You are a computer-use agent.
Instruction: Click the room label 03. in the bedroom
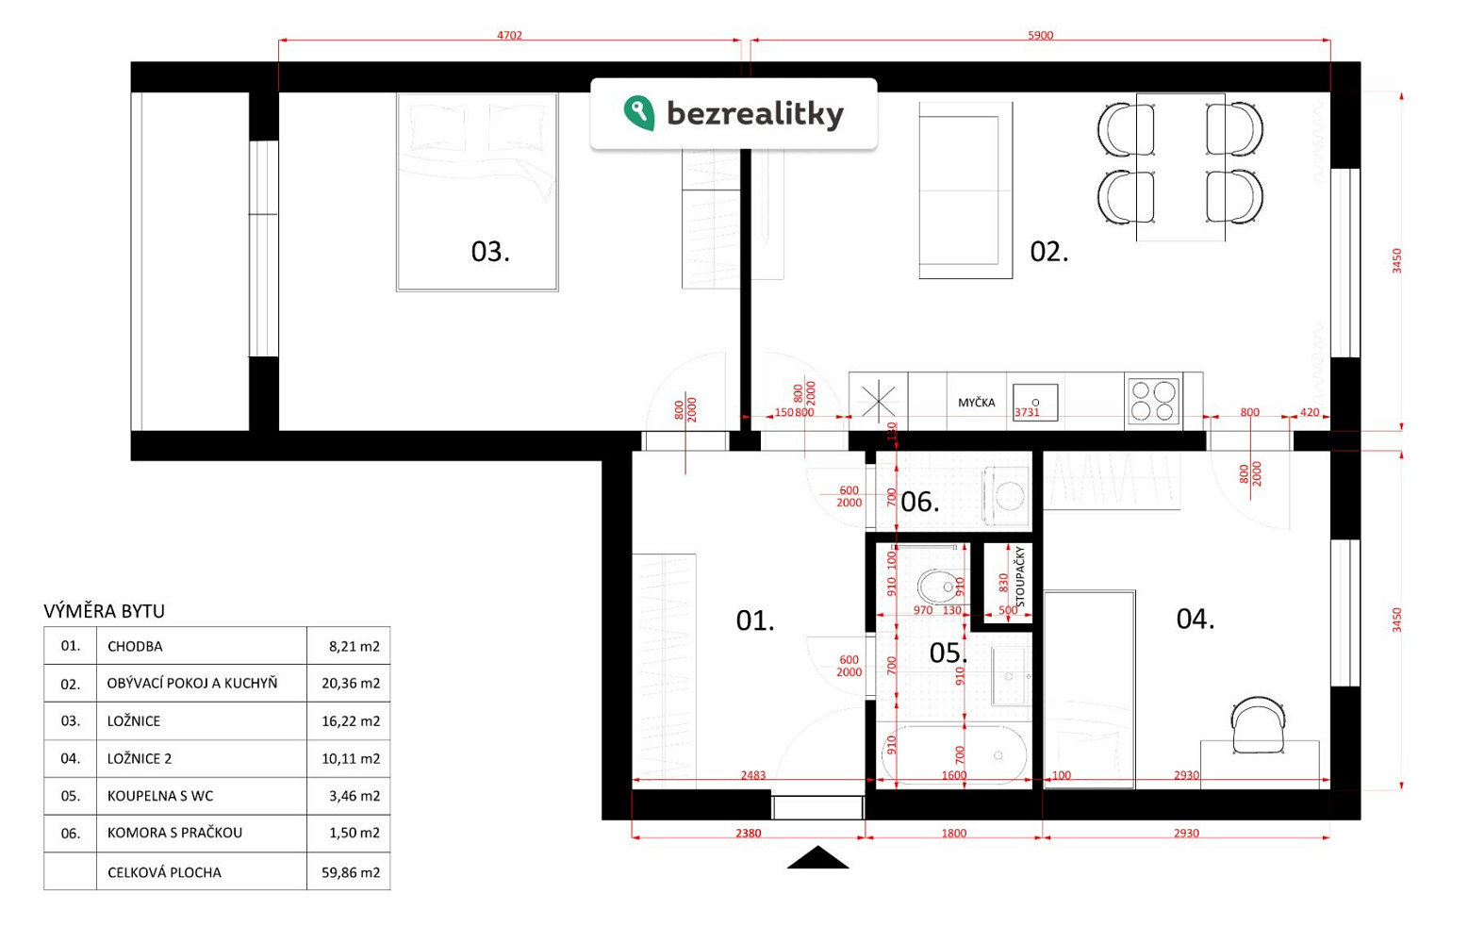(490, 252)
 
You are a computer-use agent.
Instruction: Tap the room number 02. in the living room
(1049, 252)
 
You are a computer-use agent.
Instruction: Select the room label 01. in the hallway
(755, 620)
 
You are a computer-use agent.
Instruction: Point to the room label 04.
(1196, 619)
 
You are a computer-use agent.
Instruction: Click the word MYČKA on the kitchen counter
(977, 403)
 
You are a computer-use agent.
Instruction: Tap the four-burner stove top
(1153, 401)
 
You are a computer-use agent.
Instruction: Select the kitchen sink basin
(1035, 402)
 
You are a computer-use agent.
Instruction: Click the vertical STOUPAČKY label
(1020, 577)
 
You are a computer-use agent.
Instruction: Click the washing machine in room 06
(1006, 496)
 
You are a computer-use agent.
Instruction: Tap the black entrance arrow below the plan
(817, 857)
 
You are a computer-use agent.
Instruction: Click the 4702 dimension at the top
(509, 35)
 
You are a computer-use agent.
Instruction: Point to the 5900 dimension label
(1040, 35)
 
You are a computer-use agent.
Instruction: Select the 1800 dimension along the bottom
(953, 833)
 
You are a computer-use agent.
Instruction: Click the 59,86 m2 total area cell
(351, 872)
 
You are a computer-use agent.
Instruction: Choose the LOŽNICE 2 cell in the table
(140, 759)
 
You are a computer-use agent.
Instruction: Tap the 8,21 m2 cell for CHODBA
(354, 646)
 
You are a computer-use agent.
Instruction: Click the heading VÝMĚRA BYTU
(105, 611)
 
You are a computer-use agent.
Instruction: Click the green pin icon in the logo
(639, 113)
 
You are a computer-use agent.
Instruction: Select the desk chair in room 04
(1258, 725)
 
